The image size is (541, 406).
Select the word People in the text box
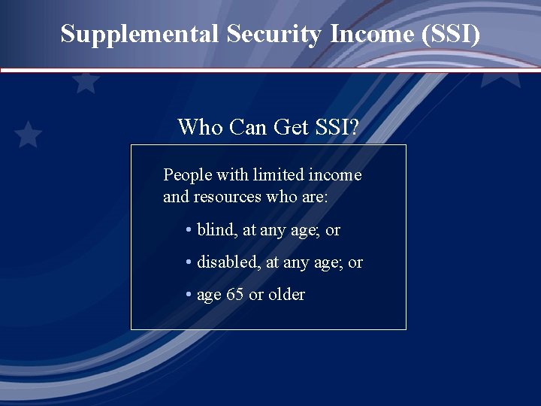point(188,175)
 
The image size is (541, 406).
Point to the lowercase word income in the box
point(335,175)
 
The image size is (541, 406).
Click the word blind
point(216,230)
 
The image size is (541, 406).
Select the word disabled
point(228,262)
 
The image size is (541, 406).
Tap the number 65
point(235,295)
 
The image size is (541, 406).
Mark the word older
point(286,295)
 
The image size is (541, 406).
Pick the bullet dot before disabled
point(189,263)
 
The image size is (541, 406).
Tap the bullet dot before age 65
point(189,295)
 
